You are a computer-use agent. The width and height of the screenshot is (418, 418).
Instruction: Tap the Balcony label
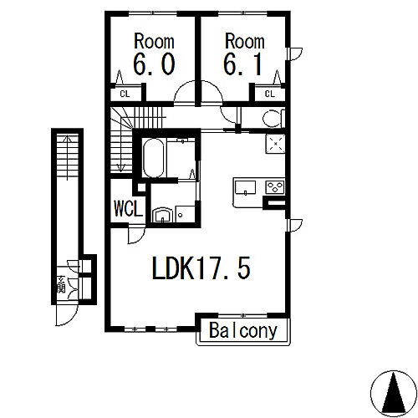click(243, 330)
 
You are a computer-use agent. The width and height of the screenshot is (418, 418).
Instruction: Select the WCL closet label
click(129, 206)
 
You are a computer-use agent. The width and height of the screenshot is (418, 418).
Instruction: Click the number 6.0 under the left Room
click(154, 64)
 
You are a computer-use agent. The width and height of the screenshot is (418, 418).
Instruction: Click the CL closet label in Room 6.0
click(124, 94)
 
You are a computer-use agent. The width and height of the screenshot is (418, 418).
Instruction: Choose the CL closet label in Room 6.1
click(269, 94)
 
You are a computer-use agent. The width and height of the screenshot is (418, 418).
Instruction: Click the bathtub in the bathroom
click(154, 157)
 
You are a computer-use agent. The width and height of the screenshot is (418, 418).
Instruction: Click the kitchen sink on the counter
click(244, 186)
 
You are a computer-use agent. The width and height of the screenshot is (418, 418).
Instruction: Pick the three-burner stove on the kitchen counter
click(274, 186)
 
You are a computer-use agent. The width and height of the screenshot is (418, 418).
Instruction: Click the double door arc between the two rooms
click(198, 90)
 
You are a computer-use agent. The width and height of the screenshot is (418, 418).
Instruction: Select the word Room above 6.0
click(154, 40)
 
